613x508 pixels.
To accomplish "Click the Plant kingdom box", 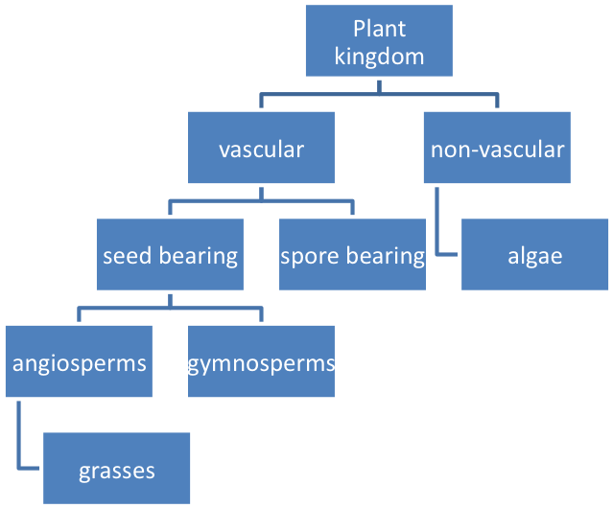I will coord(379,41).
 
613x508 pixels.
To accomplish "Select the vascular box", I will coord(261,149).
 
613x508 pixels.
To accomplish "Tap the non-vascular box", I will coord(497,149).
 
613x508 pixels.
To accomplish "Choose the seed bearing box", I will coord(170,255).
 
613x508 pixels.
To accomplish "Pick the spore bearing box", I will coord(352,255).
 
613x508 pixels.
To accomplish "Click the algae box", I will coord(534,255).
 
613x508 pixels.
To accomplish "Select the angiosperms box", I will coord(79,362).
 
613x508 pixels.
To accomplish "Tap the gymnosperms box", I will coord(261,362).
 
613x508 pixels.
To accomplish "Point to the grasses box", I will coord(116,470).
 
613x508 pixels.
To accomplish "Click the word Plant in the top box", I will coord(379,29).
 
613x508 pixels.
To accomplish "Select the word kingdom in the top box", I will coord(379,56).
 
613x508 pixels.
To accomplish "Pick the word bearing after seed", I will coord(199,256).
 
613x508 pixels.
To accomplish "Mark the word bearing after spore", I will coord(385,256).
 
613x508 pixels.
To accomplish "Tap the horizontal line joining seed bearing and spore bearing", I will coord(261,201).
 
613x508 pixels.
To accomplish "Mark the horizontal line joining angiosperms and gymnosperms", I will coord(170,309).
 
